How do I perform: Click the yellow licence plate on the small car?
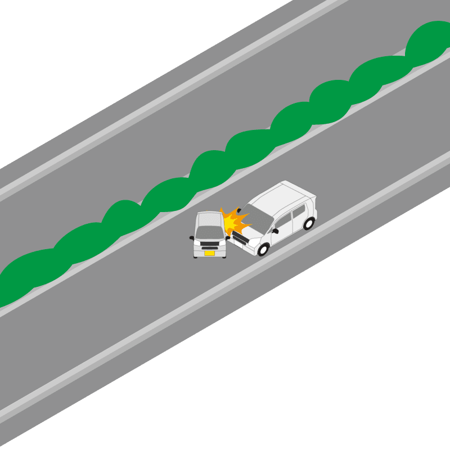pos(209,253)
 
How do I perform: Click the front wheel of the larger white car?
pos(263,248)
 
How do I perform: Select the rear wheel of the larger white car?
pos(308,223)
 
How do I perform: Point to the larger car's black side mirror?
pos(275,231)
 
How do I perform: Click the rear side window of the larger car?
pos(299,212)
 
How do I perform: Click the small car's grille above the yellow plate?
pos(210,246)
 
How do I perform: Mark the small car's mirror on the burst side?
pos(227,238)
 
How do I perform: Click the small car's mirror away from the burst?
pos(192,238)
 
